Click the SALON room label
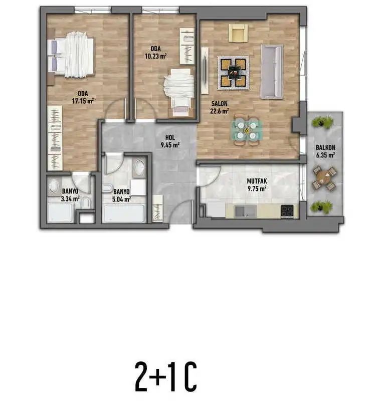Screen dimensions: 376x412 [x=220, y=104]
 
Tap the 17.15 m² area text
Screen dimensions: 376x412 [x=83, y=101]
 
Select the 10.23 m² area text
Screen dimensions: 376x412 [x=156, y=56]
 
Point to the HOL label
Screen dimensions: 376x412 [x=170, y=137]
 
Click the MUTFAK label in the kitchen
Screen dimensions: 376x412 [x=257, y=181]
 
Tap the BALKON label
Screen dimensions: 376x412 [x=325, y=148]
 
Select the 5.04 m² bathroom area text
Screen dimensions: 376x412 [x=121, y=199]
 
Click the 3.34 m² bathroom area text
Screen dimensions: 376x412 [x=70, y=199]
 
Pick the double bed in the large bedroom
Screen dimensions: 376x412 [x=71, y=55]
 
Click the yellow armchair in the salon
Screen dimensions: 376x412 [x=238, y=33]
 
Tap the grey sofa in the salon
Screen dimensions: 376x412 [x=272, y=72]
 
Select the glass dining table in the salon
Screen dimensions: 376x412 [x=247, y=130]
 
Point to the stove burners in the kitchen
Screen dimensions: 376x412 [x=287, y=211]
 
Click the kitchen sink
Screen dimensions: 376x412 [x=246, y=211]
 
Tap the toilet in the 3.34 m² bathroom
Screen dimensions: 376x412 [x=86, y=203]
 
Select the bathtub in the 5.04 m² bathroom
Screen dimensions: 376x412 [x=124, y=214]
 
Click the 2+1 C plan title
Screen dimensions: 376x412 [x=166, y=376]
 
